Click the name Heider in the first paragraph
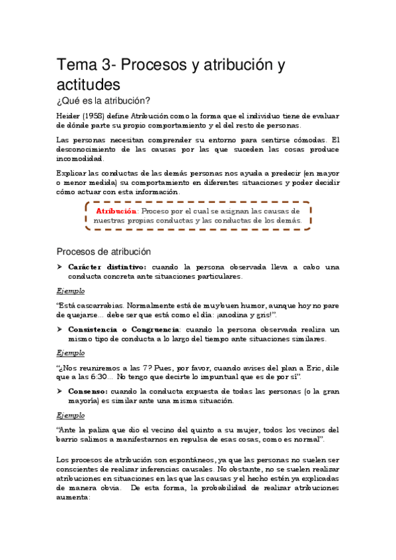[69, 116]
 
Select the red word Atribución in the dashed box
[117, 211]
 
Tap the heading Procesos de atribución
[103, 252]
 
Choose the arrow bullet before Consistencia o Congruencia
[59, 329]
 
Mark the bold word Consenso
[88, 391]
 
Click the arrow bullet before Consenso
[59, 391]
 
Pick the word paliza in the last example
[106, 429]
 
